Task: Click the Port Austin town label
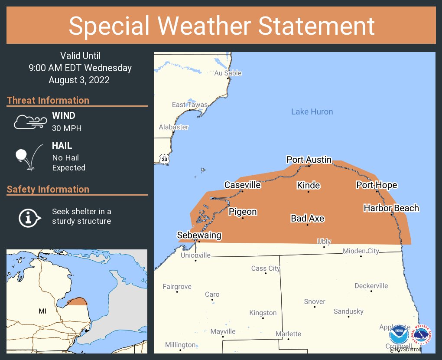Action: click(x=309, y=160)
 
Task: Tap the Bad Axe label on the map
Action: click(x=307, y=218)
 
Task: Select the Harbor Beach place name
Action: click(x=391, y=208)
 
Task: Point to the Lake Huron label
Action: click(x=312, y=112)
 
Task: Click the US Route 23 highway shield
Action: click(x=164, y=159)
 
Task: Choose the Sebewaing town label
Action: click(x=199, y=235)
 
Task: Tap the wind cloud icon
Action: click(x=29, y=122)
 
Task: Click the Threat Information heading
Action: click(x=48, y=100)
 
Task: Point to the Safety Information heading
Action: click(x=48, y=189)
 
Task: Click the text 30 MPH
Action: click(x=67, y=128)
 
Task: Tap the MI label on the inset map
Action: click(x=42, y=311)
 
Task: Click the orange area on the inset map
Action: click(x=78, y=302)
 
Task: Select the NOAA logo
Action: click(x=399, y=335)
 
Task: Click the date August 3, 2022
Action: click(x=79, y=80)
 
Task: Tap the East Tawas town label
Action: click(x=189, y=105)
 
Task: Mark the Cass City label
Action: click(x=266, y=268)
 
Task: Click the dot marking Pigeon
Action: click(x=243, y=218)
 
